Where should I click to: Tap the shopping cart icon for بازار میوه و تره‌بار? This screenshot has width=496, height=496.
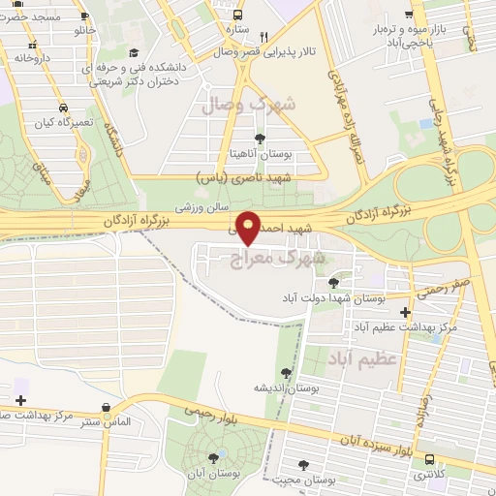tap(410, 15)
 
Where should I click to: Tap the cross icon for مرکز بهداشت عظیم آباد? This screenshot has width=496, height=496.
tap(404, 313)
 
